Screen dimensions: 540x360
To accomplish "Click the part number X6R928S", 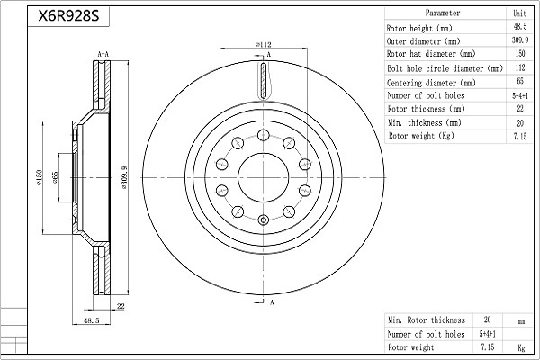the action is coord(68,15).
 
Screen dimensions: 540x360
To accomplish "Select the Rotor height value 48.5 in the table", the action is coord(519,26).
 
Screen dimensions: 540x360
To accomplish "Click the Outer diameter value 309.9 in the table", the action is coord(519,40).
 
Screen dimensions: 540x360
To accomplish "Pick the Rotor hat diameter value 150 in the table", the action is coord(520,53).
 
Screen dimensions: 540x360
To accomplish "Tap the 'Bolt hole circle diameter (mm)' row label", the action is coord(445,68).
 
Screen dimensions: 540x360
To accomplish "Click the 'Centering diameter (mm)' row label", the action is coord(431,83).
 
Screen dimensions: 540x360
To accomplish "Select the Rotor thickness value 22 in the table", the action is coord(520,109).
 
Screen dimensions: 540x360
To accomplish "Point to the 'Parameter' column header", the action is coord(443,13).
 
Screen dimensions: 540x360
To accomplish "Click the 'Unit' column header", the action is coord(519,13).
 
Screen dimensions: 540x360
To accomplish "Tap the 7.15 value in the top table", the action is coord(520,136).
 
